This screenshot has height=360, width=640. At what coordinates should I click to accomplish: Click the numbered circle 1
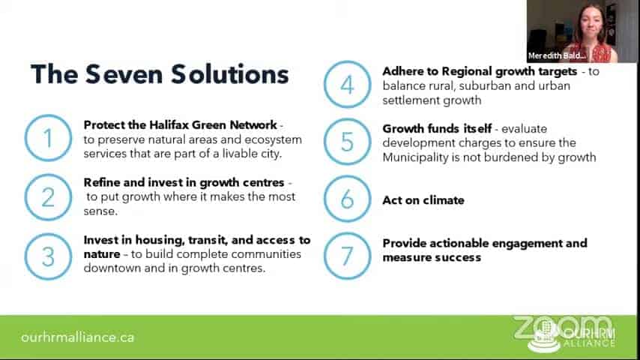click(x=25, y=138)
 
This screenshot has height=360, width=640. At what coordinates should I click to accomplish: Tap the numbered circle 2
click(x=25, y=198)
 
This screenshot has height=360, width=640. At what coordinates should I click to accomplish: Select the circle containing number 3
click(x=25, y=256)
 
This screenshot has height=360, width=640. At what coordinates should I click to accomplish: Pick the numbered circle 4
click(x=325, y=85)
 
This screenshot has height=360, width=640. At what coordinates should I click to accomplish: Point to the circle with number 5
click(x=325, y=142)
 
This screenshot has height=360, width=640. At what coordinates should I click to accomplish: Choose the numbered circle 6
click(x=325, y=199)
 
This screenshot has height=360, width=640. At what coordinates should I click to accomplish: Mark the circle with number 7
click(x=325, y=256)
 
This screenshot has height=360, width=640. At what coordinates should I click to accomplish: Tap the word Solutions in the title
click(x=229, y=74)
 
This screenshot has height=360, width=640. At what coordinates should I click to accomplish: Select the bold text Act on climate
click(x=423, y=200)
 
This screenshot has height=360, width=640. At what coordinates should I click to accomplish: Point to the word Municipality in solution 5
click(x=415, y=157)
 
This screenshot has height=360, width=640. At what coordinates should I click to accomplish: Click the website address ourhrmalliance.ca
click(x=77, y=337)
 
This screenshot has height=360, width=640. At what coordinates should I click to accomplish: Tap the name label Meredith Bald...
click(x=557, y=55)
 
